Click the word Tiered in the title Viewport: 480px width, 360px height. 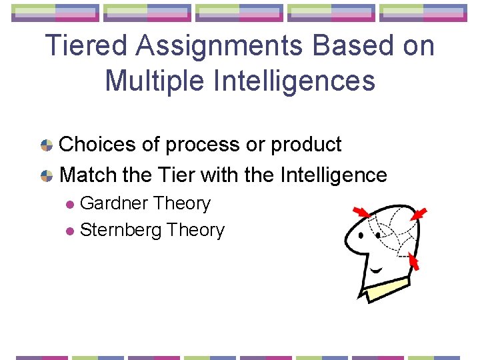pyautogui.click(x=84, y=46)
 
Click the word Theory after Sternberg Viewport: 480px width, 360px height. pyautogui.click(x=196, y=230)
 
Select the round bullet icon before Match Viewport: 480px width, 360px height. pyautogui.click(x=47, y=176)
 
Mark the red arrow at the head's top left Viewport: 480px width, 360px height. pyautogui.click(x=361, y=212)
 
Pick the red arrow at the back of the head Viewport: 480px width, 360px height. pyautogui.click(x=413, y=261)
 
